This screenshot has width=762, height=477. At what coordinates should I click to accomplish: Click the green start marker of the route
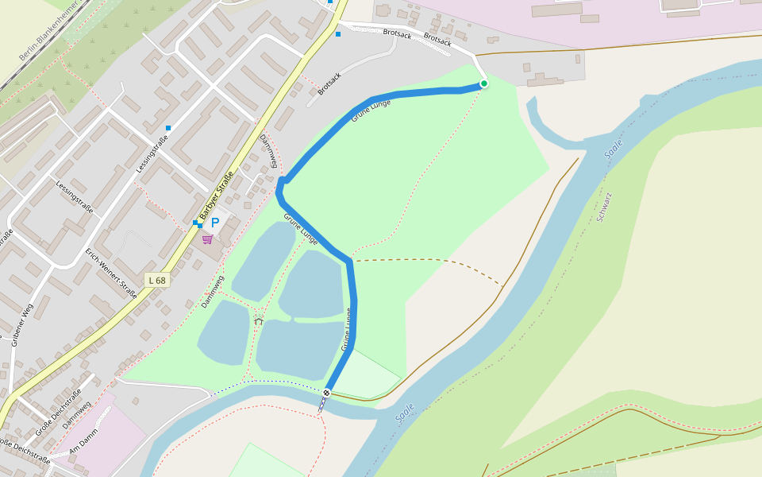(x=484, y=83)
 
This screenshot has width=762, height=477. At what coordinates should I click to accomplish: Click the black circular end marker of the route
(x=326, y=393)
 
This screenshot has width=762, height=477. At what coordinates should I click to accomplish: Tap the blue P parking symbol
(x=214, y=223)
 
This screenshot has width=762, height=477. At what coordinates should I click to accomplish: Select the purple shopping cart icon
(x=207, y=238)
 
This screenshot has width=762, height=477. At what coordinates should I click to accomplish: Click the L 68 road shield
(x=157, y=280)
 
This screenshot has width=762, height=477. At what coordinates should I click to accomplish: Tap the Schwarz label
(x=605, y=206)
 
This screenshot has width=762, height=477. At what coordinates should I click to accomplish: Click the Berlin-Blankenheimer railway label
(x=48, y=32)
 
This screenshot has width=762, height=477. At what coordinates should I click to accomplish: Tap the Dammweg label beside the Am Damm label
(x=79, y=412)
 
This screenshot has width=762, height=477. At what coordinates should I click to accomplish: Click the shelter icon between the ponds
(x=259, y=320)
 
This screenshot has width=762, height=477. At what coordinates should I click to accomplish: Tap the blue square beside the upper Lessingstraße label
(x=168, y=127)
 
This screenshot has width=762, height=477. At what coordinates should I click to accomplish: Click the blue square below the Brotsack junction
(x=338, y=34)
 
